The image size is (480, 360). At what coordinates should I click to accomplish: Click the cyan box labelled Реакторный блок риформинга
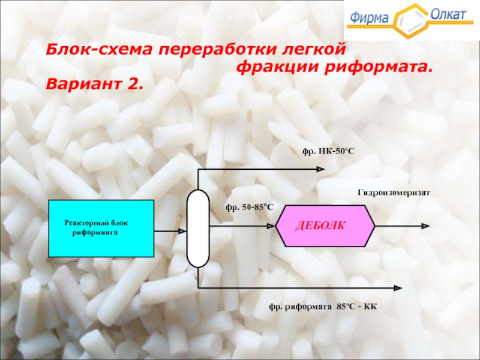point(100,229)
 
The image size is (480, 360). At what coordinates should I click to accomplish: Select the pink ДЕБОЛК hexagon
point(325,226)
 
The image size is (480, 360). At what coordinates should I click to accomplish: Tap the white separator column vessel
point(197,228)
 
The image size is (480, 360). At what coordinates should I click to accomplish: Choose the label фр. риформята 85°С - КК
point(322,306)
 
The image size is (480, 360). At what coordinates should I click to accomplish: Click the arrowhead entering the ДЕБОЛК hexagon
point(271,226)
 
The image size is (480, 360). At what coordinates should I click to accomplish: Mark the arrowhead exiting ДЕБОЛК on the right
point(425,226)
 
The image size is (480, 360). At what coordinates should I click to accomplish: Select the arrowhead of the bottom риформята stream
point(397,288)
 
